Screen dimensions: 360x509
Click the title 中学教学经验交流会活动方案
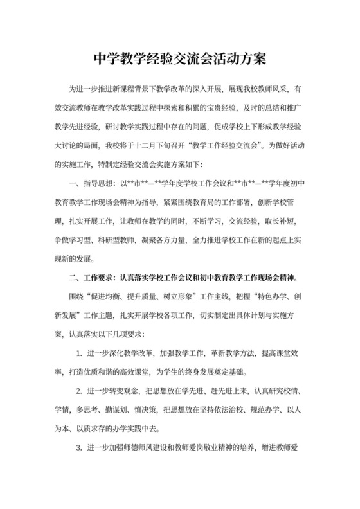[x=180, y=59]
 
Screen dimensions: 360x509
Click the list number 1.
[x=78, y=354]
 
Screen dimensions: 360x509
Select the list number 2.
[x=78, y=392]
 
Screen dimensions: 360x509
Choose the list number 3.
[x=78, y=449]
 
